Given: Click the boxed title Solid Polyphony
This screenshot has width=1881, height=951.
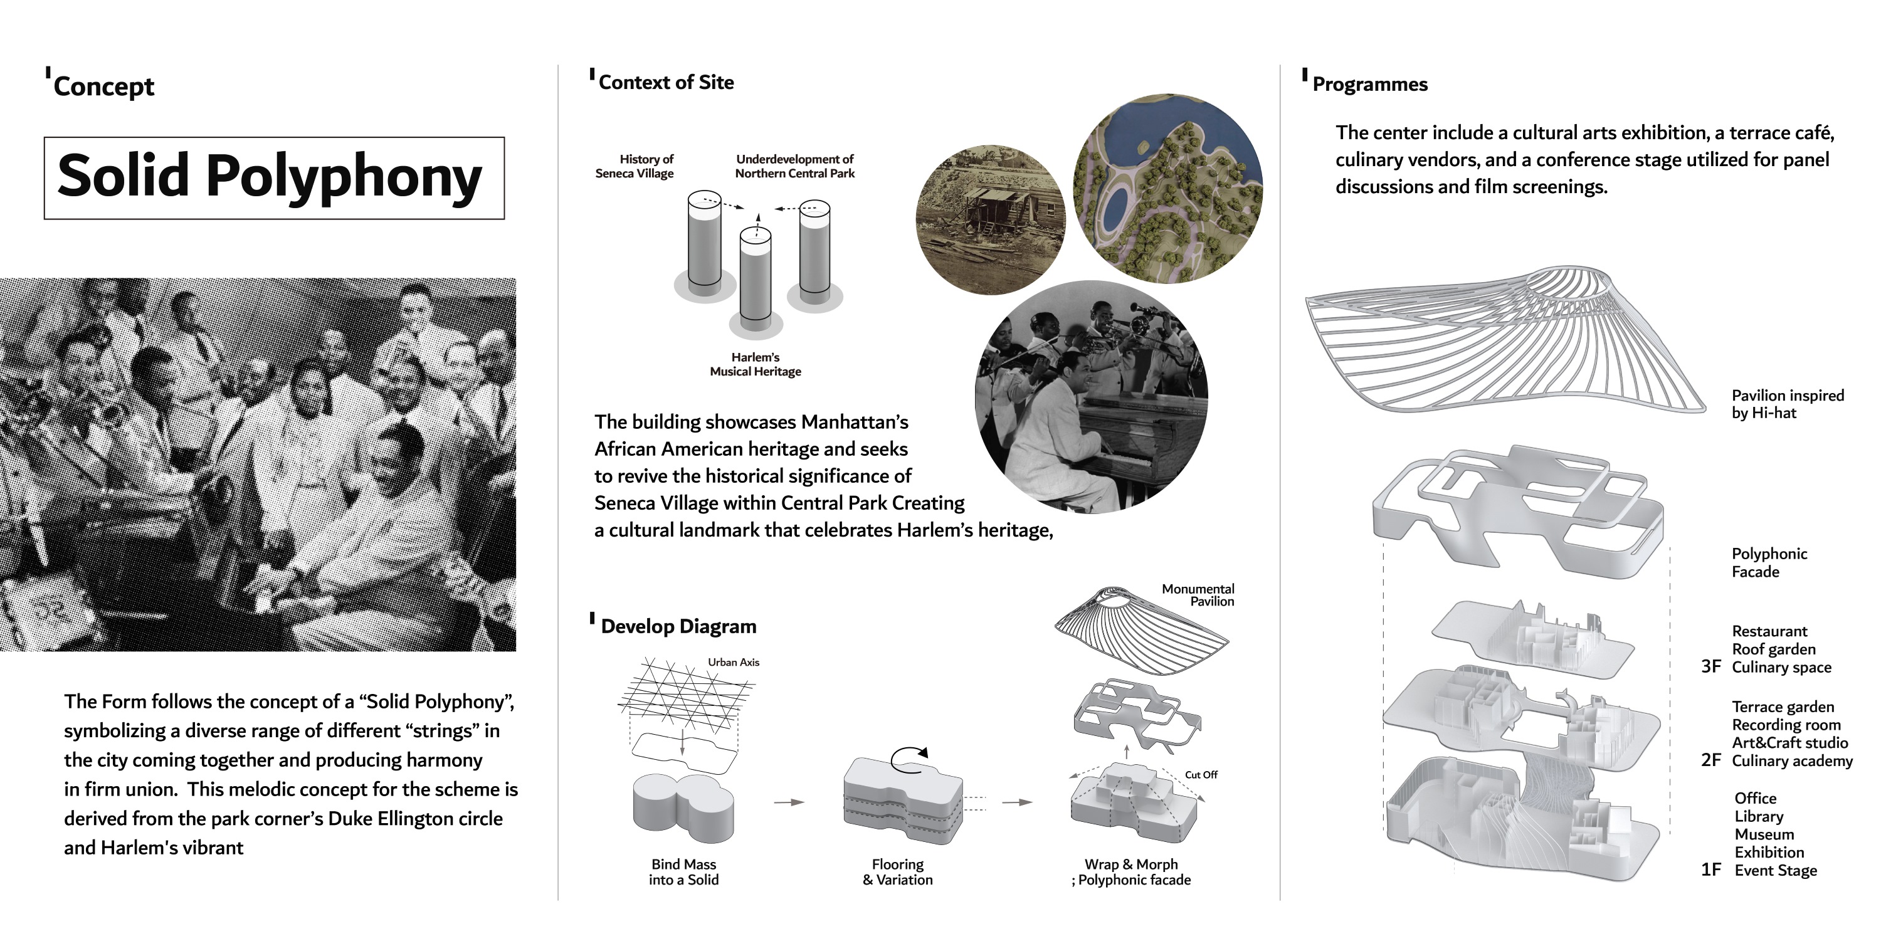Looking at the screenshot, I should (x=270, y=177).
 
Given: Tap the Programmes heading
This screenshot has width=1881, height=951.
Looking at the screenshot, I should (x=1369, y=85).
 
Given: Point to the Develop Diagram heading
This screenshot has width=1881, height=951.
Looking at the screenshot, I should (x=678, y=626).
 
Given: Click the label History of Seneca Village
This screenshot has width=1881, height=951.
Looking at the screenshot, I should (x=635, y=166).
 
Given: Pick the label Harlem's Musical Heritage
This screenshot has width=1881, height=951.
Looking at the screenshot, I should (x=755, y=364).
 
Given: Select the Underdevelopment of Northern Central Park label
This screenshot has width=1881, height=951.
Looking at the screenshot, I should (x=794, y=166).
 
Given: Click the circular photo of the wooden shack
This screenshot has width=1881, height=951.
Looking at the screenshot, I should (x=990, y=219).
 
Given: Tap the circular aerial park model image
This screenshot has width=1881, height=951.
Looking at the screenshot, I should (x=1167, y=188).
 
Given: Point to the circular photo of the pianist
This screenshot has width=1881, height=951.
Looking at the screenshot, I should (x=1091, y=397).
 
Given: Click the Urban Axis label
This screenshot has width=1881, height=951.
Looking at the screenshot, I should (x=733, y=663).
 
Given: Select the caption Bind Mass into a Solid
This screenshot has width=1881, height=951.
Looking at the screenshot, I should (x=683, y=872).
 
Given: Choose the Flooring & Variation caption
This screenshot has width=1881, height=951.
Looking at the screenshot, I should (x=897, y=872).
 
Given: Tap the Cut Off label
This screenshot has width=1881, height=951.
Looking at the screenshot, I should (x=1201, y=775).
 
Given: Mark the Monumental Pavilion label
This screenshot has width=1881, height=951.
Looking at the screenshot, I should (x=1198, y=595).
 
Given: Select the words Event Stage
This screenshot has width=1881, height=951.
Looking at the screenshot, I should (x=1775, y=871).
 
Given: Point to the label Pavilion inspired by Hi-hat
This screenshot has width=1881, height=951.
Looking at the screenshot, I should (x=1787, y=404).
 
